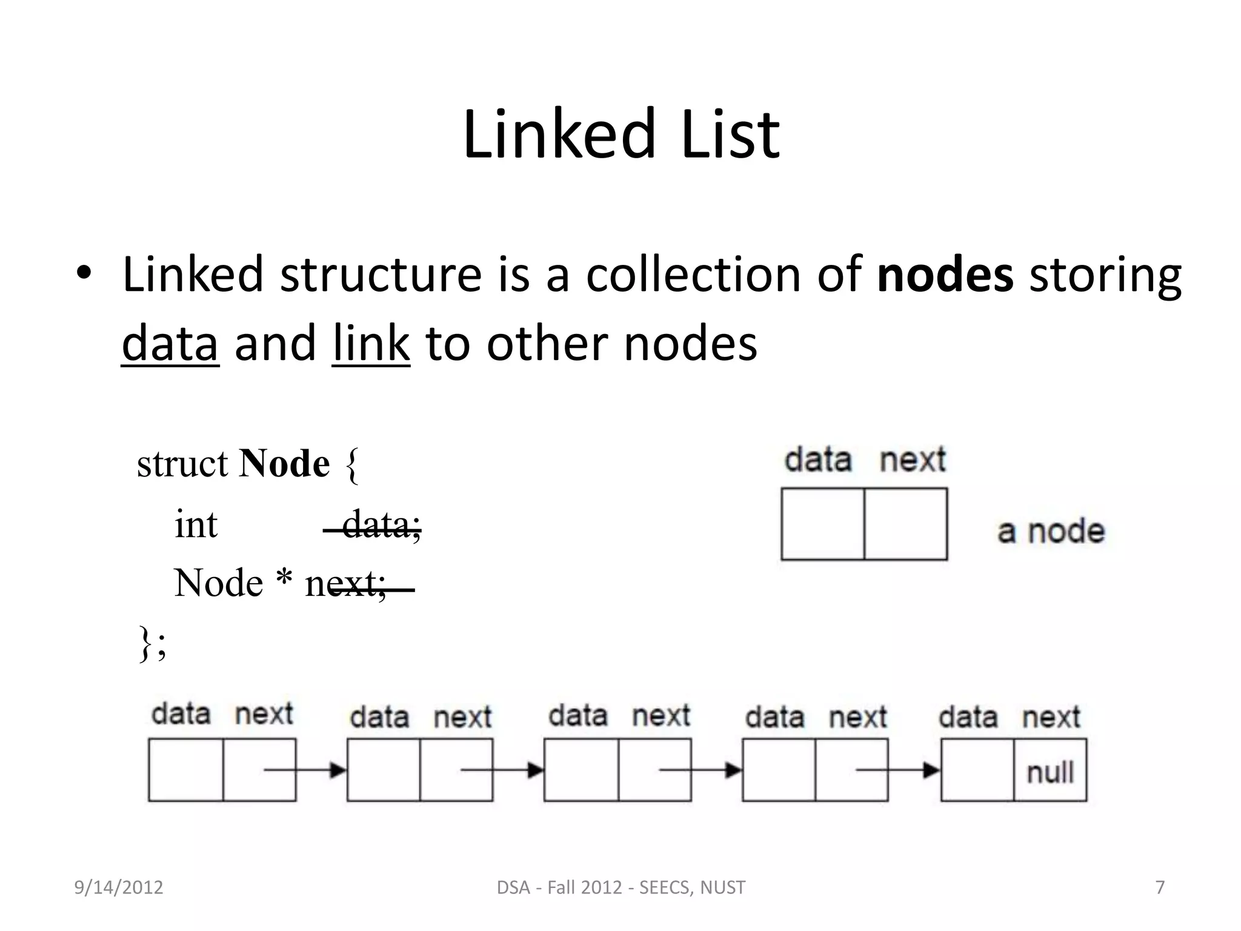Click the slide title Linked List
pos(620,135)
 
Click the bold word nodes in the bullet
pos(945,275)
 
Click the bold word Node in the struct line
pos(284,464)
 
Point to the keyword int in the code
pos(195,524)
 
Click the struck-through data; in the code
pos(381,525)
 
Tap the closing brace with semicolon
pos(152,643)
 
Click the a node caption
pos(1051,532)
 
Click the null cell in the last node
pos(1050,772)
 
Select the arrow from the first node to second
pos(305,770)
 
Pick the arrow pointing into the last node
pos(898,770)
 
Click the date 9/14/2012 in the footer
pos(119,887)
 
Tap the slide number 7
pos(1160,887)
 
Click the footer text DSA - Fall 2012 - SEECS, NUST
pos(620,887)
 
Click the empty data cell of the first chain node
pos(186,770)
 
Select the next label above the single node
pos(912,460)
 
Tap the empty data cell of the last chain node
pos(977,770)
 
